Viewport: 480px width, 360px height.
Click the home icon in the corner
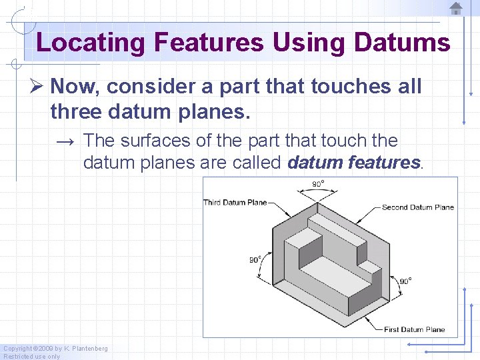(455, 9)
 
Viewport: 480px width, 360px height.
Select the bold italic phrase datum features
(355, 162)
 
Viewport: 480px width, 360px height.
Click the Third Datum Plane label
(235, 203)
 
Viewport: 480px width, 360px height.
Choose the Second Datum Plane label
(417, 207)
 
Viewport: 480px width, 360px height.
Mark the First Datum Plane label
(414, 329)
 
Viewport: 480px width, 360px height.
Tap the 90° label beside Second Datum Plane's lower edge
(405, 281)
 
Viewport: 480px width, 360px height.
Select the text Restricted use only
(31, 356)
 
